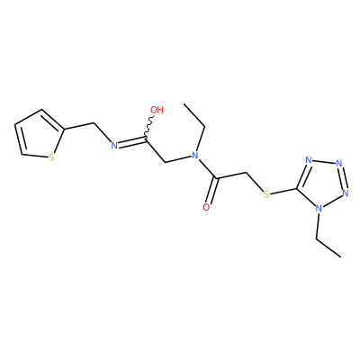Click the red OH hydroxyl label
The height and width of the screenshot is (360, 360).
157,110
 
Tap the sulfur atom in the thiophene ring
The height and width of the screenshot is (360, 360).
51,157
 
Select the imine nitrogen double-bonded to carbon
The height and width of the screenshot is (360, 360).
114,146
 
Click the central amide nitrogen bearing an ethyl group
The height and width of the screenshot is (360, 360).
195,155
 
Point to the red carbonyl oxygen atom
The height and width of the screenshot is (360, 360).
206,207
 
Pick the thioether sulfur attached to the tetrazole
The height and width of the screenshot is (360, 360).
265,194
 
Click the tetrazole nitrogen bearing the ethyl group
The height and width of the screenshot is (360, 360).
319,208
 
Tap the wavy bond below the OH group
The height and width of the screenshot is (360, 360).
149,126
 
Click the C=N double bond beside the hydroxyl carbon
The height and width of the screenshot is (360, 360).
131,142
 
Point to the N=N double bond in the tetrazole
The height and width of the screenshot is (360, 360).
342,177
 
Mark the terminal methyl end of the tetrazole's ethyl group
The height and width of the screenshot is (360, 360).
341,256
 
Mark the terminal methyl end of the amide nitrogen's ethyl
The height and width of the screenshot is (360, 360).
184,104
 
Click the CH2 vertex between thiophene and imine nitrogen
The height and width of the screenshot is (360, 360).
94,122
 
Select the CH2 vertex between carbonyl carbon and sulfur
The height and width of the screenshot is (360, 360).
246,173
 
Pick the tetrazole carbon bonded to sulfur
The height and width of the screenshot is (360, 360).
297,189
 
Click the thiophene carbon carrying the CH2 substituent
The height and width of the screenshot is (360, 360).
65,130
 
